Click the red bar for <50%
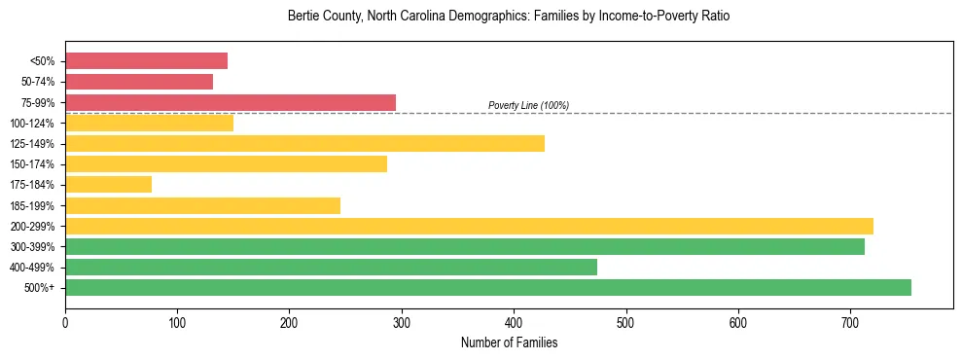(x=146, y=61)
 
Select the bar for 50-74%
(x=139, y=82)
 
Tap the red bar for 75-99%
(x=231, y=102)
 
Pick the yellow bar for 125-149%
(x=304, y=144)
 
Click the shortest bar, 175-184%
(x=108, y=185)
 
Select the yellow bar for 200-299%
(x=469, y=226)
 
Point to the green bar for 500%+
(x=487, y=287)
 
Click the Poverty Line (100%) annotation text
(x=528, y=105)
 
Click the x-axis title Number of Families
(x=509, y=342)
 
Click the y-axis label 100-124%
(x=32, y=124)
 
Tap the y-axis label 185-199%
(x=32, y=205)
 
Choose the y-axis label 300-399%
(x=32, y=247)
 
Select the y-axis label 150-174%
(x=32, y=164)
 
